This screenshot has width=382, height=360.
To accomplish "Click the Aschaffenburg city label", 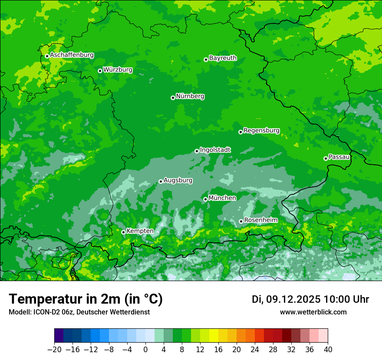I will tap(72, 55).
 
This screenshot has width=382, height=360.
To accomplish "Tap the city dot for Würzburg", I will tap(100, 71).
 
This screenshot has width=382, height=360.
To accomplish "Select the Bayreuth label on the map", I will tap(223, 58).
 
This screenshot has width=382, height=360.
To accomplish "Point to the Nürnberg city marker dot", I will tap(173, 98).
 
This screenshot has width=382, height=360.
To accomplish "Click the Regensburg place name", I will tap(261, 130).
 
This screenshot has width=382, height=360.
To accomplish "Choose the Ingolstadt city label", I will tap(215, 150).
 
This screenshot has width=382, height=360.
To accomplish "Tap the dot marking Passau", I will tap(326, 158).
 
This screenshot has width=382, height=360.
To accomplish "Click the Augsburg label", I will tap(178, 180).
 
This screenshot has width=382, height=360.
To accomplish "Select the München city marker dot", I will tap(205, 199).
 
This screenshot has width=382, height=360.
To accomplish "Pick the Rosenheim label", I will tap(260, 220).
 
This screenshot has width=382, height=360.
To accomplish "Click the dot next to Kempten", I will tap(123, 232).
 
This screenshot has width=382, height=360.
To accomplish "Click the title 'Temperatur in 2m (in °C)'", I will tap(86, 299).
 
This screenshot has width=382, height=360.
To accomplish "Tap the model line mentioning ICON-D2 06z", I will tap(79, 312).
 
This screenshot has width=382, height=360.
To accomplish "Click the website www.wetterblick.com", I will tap(313, 312).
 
